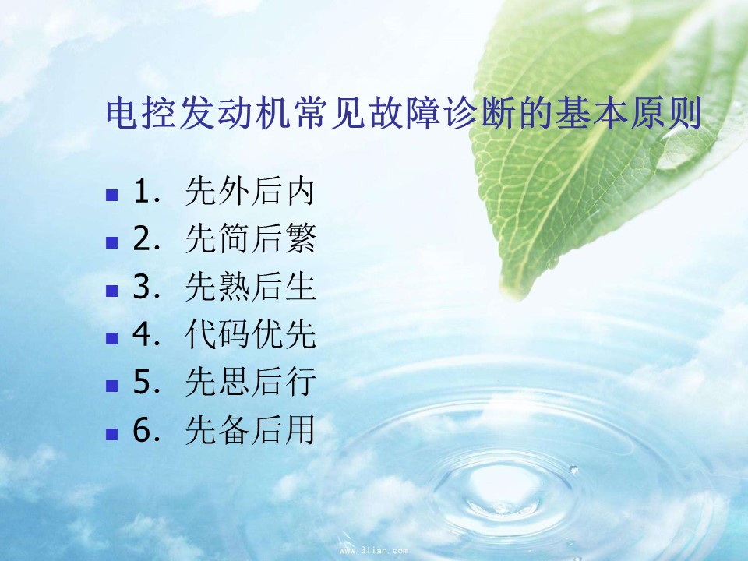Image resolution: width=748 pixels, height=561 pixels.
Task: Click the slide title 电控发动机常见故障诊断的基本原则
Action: [x=404, y=113]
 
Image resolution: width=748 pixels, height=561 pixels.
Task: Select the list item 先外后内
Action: [x=250, y=192]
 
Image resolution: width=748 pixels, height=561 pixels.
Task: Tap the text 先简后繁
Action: [x=250, y=238]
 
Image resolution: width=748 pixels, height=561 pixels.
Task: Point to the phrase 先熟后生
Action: [x=250, y=286]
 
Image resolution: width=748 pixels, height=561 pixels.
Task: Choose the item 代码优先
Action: [x=250, y=334]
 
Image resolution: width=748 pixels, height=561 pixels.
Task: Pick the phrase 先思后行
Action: [x=250, y=382]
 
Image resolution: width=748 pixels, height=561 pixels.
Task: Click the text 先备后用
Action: [x=250, y=429]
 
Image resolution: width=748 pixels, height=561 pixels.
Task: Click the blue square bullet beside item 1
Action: [x=111, y=195]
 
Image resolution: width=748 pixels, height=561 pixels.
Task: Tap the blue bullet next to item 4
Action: [x=111, y=337]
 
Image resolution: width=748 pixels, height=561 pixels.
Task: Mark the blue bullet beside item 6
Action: [x=111, y=433]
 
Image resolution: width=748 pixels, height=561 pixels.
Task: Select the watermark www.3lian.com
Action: [x=373, y=551]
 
